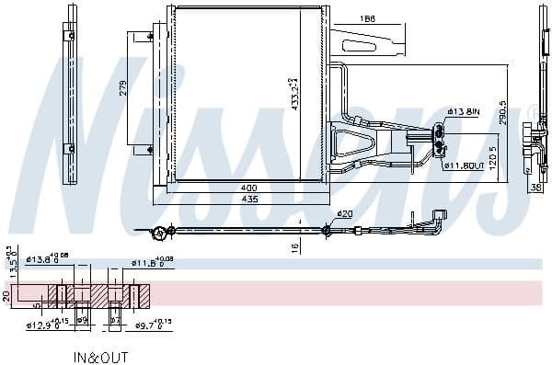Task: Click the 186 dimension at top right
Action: tap(367, 17)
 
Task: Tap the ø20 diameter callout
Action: tap(344, 214)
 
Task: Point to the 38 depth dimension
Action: tap(535, 188)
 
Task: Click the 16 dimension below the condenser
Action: tap(293, 247)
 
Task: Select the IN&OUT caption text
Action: tap(101, 356)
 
